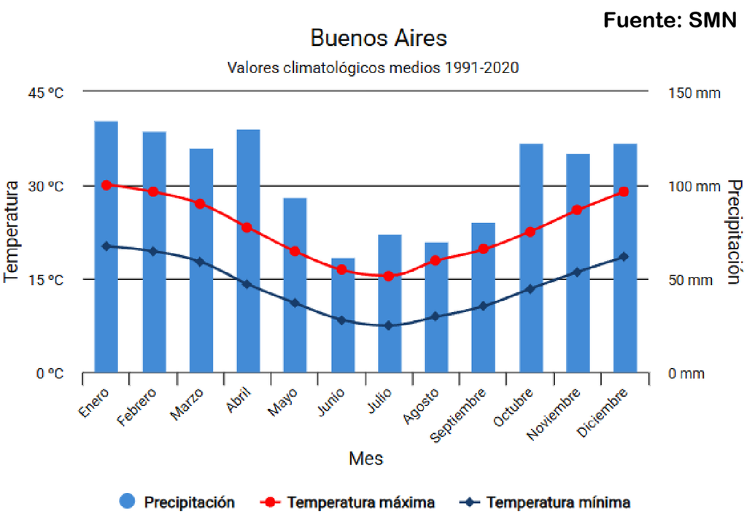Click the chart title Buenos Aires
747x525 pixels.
379,38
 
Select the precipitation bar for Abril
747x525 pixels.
248,251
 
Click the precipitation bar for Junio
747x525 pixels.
343,315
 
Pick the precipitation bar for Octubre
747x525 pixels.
531,258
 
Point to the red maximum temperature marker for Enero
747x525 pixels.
107,185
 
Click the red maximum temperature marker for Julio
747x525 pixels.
389,276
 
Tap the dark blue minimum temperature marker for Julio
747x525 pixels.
389,325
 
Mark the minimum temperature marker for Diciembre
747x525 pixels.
624,257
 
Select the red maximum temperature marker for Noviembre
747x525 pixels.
577,210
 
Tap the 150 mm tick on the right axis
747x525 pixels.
694,93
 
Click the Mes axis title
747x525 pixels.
365,459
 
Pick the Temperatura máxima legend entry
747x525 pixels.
360,502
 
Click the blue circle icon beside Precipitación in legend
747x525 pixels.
127,502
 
